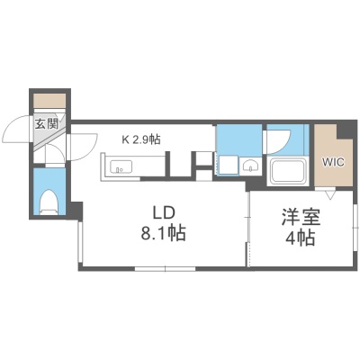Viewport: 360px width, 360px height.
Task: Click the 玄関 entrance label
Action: point(47,123)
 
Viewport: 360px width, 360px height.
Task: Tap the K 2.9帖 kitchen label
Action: point(140,139)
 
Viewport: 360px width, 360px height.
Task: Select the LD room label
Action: point(164,213)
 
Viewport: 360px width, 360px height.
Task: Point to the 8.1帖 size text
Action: point(164,233)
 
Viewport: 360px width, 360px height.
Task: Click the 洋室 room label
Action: point(301,218)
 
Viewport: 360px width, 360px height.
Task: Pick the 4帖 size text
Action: point(300,238)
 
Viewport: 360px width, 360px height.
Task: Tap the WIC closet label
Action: point(333,163)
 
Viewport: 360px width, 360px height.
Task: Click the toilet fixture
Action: point(49,202)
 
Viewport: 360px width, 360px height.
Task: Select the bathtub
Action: point(288,172)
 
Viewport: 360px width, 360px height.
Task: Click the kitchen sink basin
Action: point(121,166)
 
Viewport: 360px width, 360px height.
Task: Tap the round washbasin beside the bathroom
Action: point(250,166)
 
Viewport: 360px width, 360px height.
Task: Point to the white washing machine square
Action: point(228,165)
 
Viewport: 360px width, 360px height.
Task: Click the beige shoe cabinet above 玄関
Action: point(49,101)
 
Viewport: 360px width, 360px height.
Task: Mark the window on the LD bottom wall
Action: point(165,269)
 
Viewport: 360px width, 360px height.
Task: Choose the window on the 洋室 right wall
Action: point(355,229)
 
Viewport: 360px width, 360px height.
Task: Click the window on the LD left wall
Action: point(80,242)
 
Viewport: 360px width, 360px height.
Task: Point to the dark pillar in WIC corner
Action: point(345,130)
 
